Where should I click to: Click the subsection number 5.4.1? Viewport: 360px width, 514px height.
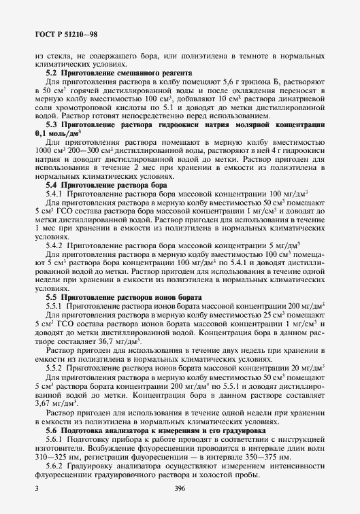54,194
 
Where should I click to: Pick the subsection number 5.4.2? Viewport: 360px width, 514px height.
54,245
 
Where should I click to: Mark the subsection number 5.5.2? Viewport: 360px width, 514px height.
54,368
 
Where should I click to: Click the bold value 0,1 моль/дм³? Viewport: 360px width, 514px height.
63,135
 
